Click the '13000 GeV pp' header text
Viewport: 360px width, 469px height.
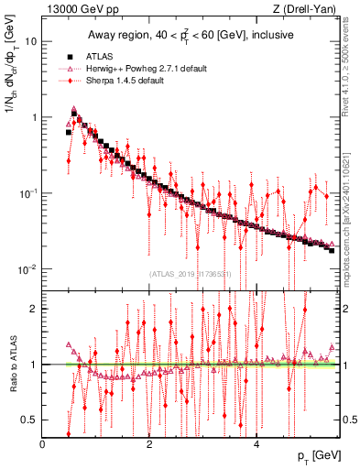point(73,10)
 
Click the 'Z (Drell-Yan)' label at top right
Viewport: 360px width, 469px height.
point(308,10)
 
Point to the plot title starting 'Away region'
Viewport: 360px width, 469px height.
point(191,36)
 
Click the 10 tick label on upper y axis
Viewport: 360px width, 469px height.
point(32,42)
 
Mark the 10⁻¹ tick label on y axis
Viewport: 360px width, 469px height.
point(28,193)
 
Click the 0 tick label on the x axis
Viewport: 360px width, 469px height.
point(43,443)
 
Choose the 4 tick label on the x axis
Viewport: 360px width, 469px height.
point(256,443)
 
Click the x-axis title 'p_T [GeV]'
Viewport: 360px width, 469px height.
point(319,456)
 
